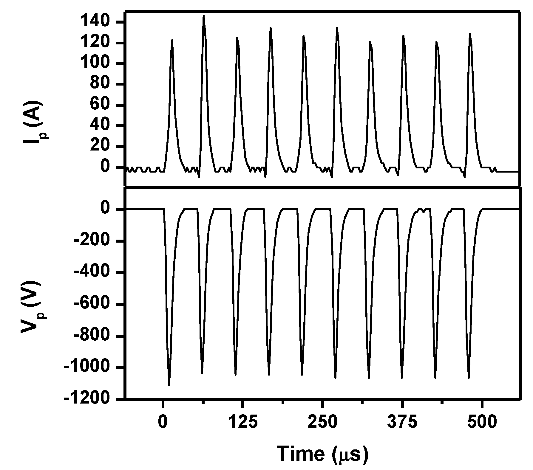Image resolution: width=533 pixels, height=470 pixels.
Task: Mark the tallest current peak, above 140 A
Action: (x=204, y=16)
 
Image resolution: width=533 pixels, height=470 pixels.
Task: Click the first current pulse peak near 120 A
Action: (x=172, y=40)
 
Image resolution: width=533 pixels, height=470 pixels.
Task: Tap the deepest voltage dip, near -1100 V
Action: (x=169, y=385)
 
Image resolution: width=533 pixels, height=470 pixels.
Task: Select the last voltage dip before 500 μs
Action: (x=469, y=378)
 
